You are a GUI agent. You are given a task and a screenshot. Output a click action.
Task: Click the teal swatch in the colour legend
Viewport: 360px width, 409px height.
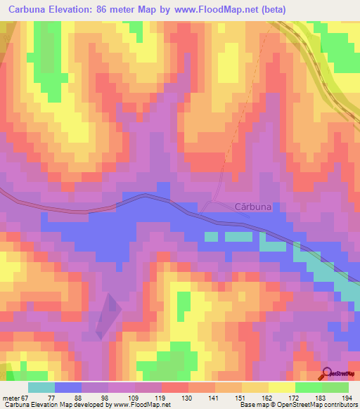(41, 388)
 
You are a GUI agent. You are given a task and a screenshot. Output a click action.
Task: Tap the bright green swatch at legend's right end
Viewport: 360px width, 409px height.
(335, 388)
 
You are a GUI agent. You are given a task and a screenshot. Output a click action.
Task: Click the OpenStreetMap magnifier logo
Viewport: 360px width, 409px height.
(328, 374)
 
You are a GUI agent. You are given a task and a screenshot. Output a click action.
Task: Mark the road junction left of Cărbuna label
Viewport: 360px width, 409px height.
(205, 209)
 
